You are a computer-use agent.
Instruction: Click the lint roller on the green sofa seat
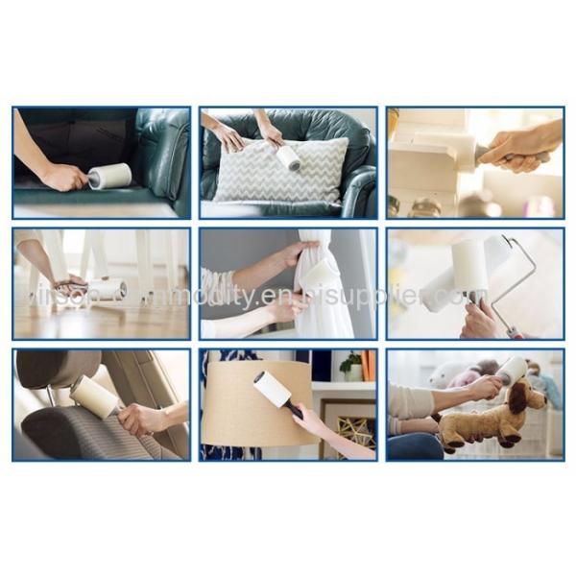[x=109, y=176]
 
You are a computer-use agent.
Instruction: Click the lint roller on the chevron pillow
[x=288, y=157]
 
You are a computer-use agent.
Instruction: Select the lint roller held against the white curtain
[x=318, y=276]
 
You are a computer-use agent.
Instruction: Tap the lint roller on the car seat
[x=95, y=395]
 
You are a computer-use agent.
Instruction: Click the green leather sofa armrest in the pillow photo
[x=360, y=187]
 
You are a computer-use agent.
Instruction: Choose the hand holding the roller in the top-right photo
[x=514, y=145]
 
